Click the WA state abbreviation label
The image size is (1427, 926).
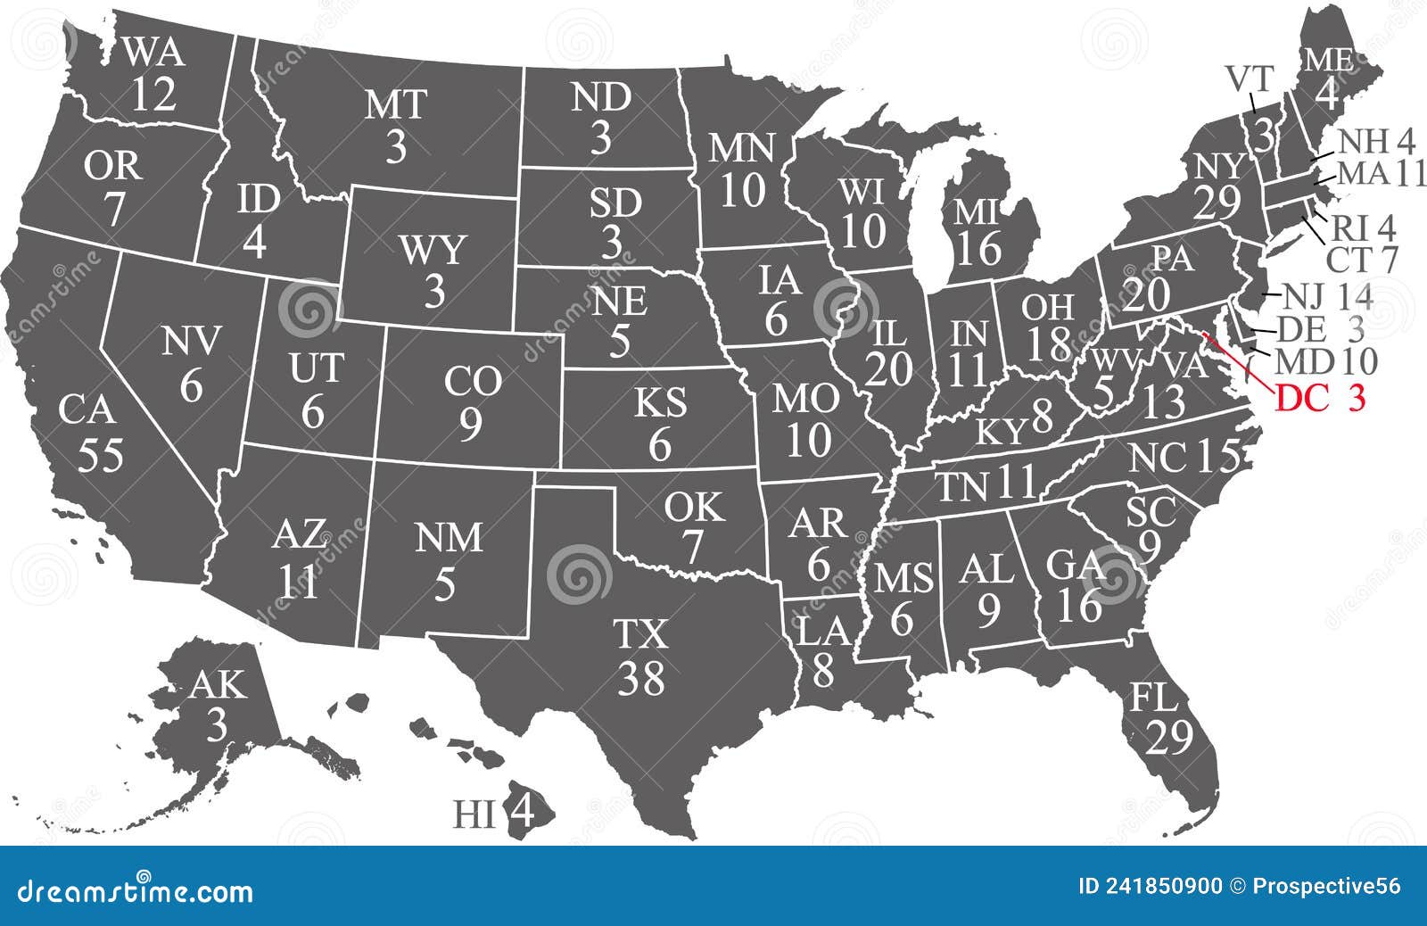tap(154, 54)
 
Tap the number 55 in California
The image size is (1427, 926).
tap(100, 455)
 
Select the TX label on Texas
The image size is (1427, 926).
tap(641, 634)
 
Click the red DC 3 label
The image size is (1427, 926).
tap(1320, 399)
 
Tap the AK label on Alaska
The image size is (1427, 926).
tap(217, 685)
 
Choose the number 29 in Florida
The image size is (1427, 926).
tap(1170, 738)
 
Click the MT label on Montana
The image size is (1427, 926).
tap(396, 105)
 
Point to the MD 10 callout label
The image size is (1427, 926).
tap(1325, 361)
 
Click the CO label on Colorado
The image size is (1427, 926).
tap(473, 383)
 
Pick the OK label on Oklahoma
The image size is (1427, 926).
tap(693, 508)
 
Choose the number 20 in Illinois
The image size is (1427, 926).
tap(888, 369)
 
